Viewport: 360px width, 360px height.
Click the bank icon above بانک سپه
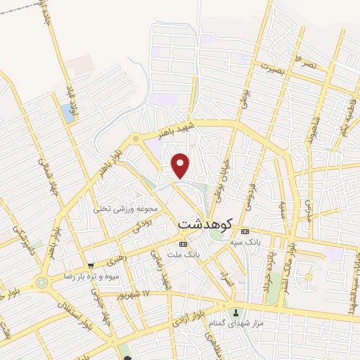click(244, 231)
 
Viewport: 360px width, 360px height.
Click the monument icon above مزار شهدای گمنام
click(236, 311)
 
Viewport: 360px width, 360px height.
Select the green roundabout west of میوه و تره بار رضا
click(45, 281)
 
